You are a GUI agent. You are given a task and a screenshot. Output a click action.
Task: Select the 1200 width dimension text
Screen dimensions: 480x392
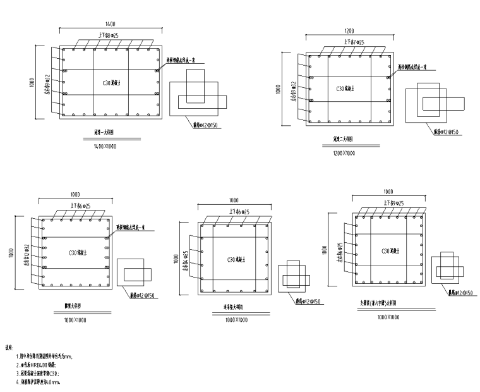(x=349, y=31)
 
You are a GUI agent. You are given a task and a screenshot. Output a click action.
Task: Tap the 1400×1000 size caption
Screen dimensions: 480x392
(x=105, y=146)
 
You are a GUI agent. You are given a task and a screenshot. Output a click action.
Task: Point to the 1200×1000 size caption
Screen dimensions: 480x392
(x=344, y=153)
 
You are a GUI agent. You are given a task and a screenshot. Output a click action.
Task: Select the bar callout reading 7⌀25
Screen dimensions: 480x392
(x=352, y=42)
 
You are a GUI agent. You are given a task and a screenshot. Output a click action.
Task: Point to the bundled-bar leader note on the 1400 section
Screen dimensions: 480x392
(x=184, y=61)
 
